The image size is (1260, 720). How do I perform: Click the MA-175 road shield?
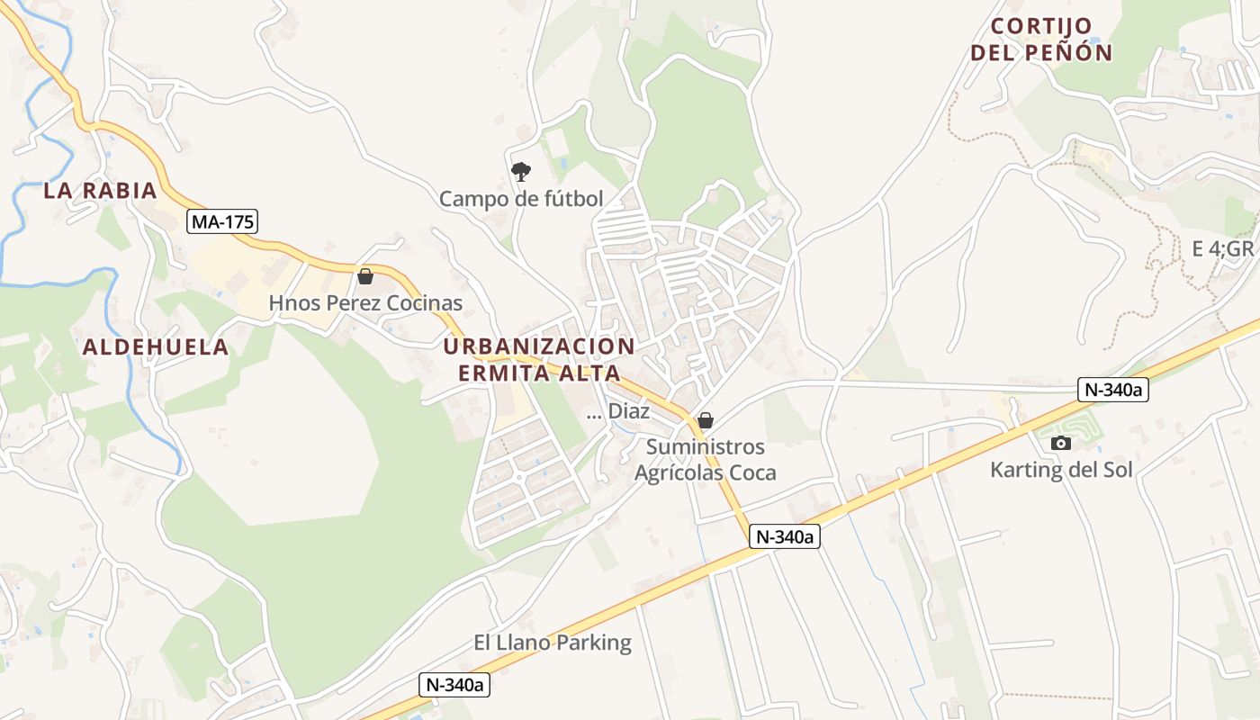pos(223,220)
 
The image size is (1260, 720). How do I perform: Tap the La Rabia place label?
pos(101,191)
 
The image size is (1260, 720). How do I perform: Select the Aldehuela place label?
pos(156,347)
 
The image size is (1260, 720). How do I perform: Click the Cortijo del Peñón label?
pos(1041,40)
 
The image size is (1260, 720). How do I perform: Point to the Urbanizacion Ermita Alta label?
pos(539,359)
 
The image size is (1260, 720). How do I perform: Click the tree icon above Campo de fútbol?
pos(520,171)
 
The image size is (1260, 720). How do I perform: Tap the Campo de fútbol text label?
pos(521,199)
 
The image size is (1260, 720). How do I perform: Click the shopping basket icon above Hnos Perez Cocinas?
pos(365,276)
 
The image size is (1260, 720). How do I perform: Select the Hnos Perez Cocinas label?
pos(365,303)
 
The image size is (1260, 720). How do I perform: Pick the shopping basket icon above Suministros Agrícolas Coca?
pos(706,420)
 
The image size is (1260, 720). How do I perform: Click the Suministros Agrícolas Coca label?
pos(706,459)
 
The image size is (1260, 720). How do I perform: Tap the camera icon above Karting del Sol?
pos(1061,443)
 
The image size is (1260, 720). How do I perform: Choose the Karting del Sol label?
pos(1061,469)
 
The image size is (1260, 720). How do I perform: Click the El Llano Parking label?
pos(553,643)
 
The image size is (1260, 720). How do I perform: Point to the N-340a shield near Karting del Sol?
pos(1113,390)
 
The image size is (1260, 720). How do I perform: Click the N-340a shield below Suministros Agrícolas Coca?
pos(785,536)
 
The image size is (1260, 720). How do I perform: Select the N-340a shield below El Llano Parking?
pos(455,685)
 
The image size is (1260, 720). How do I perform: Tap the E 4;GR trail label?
pos(1223,249)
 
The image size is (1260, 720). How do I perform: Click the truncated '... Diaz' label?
pos(617,412)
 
